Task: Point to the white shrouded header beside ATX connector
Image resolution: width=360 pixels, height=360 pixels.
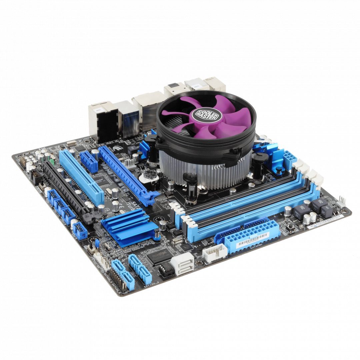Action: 215,253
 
